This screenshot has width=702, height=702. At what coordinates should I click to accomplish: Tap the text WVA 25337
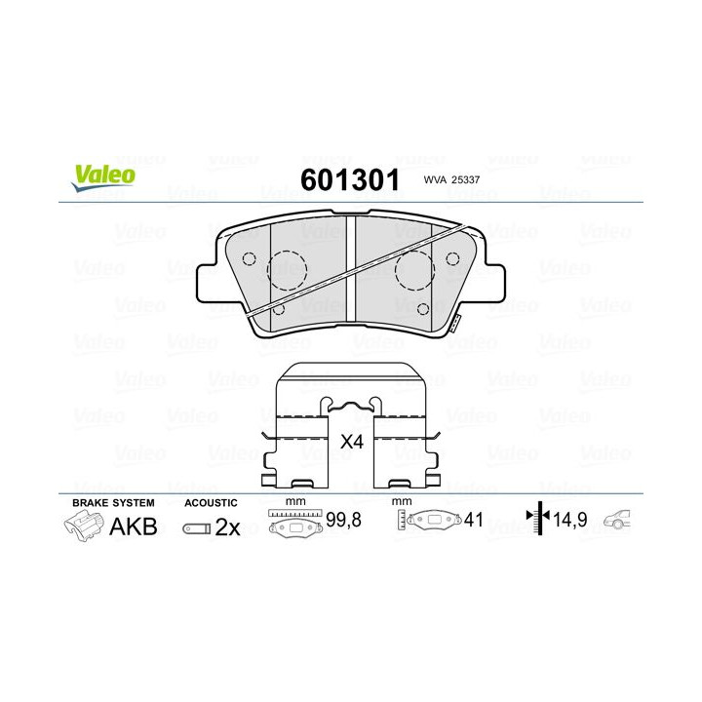pyautogui.click(x=452, y=180)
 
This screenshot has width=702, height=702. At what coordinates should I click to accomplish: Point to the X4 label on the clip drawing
pyautogui.click(x=351, y=442)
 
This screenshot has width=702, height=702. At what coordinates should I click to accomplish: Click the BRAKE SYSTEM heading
pyautogui.click(x=113, y=503)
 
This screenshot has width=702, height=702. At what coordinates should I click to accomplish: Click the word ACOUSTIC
pyautogui.click(x=211, y=503)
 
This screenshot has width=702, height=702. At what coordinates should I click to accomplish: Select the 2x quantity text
pyautogui.click(x=227, y=527)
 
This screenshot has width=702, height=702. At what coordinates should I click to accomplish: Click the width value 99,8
pyautogui.click(x=343, y=521)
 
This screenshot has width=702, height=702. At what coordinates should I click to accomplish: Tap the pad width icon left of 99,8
pyautogui.click(x=296, y=522)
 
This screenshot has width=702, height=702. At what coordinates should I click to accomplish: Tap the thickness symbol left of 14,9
pyautogui.click(x=535, y=520)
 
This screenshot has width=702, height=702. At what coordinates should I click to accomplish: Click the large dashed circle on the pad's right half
pyautogui.click(x=415, y=269)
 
